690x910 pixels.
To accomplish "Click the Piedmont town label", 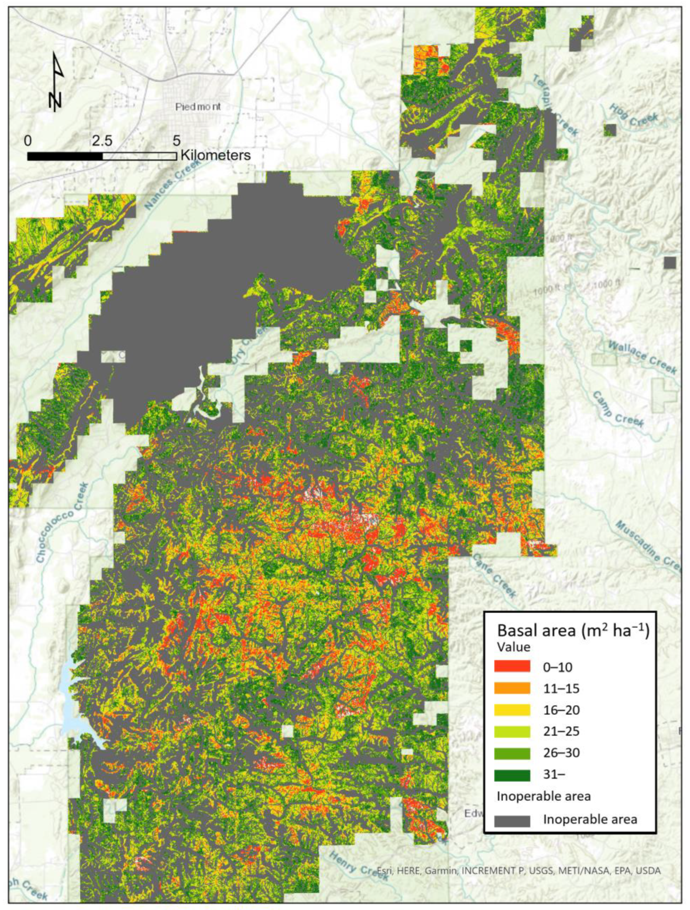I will (x=198, y=107).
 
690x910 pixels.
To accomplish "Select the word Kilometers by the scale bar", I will (x=215, y=155).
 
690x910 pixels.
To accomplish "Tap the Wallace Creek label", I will (x=642, y=357).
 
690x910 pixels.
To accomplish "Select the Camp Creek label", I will (x=618, y=409).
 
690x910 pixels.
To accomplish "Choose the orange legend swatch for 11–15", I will (x=512, y=688).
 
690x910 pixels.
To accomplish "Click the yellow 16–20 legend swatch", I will (x=512, y=710).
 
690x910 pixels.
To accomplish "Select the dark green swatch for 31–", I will (x=512, y=775).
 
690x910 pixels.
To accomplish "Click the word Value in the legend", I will (x=514, y=647).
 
